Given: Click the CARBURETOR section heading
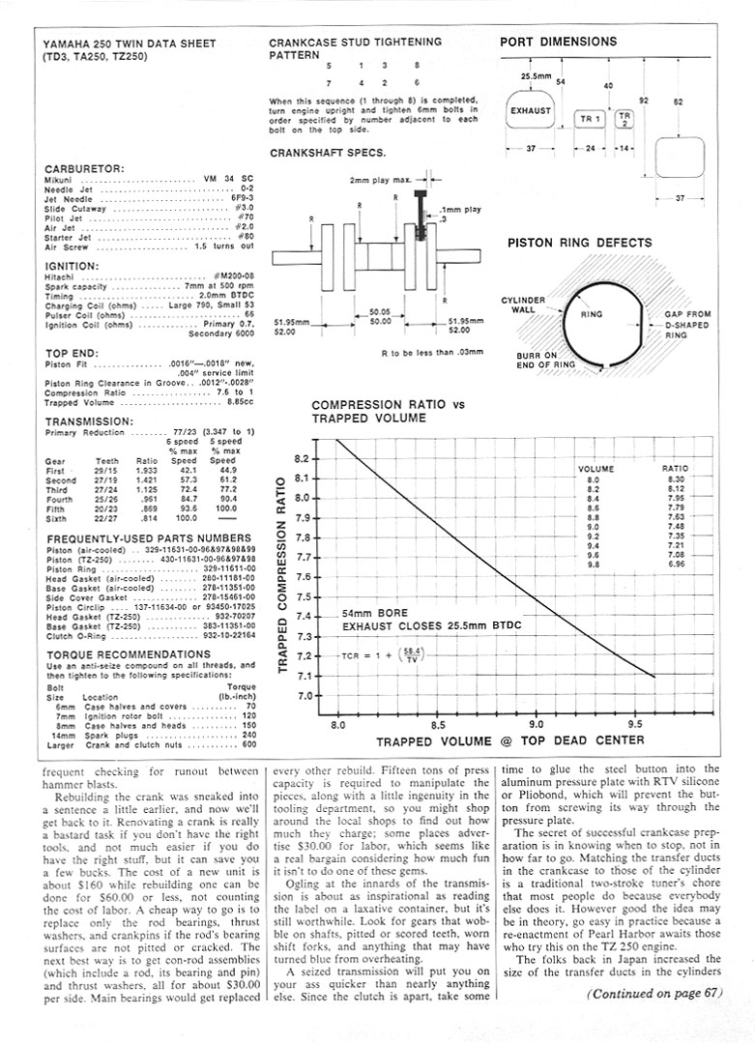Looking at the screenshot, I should [x=84, y=168].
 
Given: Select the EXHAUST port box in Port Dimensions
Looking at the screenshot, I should [x=531, y=110].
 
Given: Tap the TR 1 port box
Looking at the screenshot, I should [x=589, y=119].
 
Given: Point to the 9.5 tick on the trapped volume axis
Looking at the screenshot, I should [x=635, y=722].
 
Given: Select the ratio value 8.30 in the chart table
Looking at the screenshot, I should [x=676, y=479].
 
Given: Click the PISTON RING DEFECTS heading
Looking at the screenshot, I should [x=579, y=243].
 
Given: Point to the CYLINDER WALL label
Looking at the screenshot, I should [x=523, y=304].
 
